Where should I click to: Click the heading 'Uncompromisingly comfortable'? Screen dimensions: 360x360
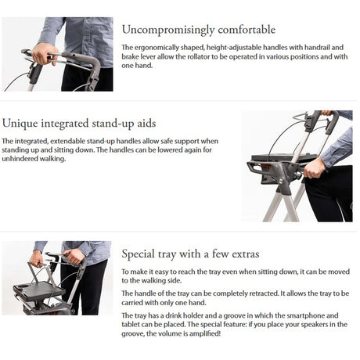(198, 30)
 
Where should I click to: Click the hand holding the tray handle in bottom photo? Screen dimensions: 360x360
(74, 257)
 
